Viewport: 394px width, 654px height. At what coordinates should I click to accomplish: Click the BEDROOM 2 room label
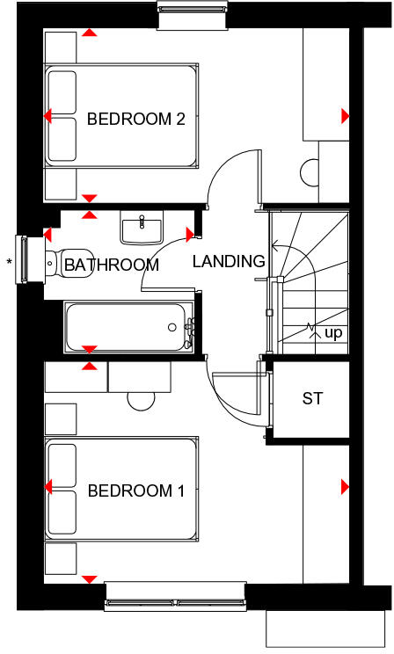(135, 120)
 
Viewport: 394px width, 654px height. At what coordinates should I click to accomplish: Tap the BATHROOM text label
(112, 265)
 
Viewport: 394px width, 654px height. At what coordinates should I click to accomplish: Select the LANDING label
(229, 261)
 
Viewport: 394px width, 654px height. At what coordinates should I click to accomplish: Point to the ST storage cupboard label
(312, 398)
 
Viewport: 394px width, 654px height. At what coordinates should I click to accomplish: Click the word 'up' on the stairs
(333, 333)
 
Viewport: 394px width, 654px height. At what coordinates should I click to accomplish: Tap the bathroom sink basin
(140, 229)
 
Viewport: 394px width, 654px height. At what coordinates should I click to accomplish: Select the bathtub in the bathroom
(128, 326)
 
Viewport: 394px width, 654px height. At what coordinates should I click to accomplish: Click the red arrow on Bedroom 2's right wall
(345, 116)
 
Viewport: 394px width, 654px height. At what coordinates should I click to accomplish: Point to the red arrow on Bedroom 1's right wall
(345, 486)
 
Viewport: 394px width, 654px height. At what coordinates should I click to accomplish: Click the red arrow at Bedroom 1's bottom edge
(89, 578)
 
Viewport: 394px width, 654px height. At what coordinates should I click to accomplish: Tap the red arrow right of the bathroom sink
(190, 234)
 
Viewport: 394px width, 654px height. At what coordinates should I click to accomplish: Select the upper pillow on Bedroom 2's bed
(62, 91)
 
